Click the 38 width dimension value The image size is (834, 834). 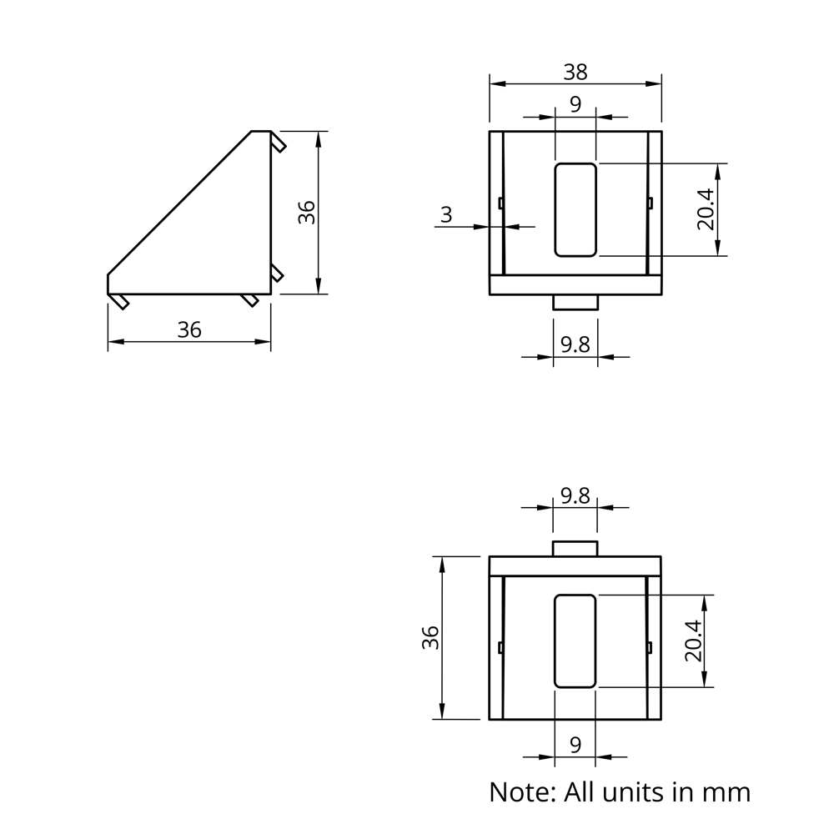point(575,73)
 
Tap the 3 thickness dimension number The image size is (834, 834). point(446,214)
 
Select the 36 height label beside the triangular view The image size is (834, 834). point(307,212)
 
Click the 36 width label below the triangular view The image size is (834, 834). point(189,330)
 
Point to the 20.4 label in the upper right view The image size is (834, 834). point(706,208)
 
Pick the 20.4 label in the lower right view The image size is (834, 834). point(692,641)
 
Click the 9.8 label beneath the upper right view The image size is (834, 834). point(575,344)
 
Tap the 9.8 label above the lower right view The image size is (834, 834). point(575,496)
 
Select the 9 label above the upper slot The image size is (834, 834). point(575,104)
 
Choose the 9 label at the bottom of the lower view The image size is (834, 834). point(575,745)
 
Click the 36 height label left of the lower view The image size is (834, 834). point(430,637)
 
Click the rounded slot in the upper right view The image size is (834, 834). point(575,209)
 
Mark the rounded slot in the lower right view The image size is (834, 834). point(575,641)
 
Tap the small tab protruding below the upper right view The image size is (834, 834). point(575,303)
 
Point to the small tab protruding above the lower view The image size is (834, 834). point(575,548)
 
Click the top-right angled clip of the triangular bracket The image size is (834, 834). point(279,143)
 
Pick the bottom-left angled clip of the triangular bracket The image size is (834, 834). point(122,301)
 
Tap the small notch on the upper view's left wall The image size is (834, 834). point(500,203)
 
